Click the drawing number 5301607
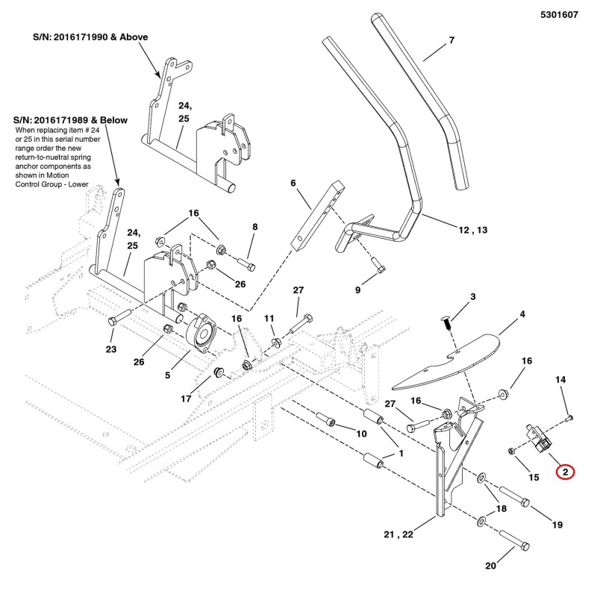[x=559, y=15]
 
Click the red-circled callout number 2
[x=566, y=472]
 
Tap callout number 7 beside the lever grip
[x=451, y=40]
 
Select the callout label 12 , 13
[x=473, y=230]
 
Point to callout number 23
[x=111, y=349]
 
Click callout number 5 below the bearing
[x=167, y=375]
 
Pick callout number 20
[x=491, y=566]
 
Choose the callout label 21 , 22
[x=398, y=534]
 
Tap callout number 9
[x=357, y=290]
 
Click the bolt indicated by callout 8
[x=246, y=263]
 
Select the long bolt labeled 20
[x=514, y=540]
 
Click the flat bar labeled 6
[x=318, y=216]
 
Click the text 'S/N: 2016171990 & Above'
[x=90, y=37]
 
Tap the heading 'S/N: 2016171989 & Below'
[x=70, y=120]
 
